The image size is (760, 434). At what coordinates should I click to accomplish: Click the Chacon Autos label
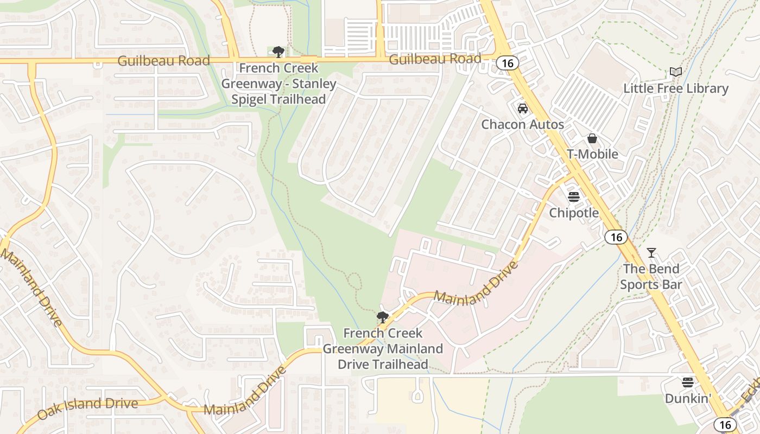(522, 125)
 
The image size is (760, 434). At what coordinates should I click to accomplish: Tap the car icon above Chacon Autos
(522, 108)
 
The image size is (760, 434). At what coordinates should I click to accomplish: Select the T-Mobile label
(592, 154)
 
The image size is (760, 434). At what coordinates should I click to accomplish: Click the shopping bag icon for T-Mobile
(592, 138)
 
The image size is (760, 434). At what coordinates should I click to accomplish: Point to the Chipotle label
(574, 213)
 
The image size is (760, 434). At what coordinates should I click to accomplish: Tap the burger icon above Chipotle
(574, 196)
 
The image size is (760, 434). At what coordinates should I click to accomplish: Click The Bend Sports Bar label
(651, 277)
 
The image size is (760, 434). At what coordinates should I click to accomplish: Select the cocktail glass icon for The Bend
(651, 252)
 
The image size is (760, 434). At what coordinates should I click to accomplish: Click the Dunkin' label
(688, 399)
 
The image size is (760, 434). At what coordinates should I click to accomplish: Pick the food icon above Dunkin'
(688, 382)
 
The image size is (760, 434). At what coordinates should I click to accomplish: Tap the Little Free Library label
(675, 88)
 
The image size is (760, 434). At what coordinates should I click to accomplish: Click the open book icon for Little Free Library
(675, 72)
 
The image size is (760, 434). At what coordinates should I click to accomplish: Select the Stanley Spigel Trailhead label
(278, 84)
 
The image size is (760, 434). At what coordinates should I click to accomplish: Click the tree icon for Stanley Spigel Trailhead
(278, 52)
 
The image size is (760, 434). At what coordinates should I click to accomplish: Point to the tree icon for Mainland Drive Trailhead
(383, 317)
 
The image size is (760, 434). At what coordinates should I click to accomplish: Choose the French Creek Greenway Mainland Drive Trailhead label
(383, 348)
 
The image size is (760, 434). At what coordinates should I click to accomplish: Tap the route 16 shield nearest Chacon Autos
(507, 63)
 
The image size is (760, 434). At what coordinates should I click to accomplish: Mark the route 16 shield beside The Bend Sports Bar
(616, 237)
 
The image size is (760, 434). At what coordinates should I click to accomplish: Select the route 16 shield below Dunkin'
(725, 424)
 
